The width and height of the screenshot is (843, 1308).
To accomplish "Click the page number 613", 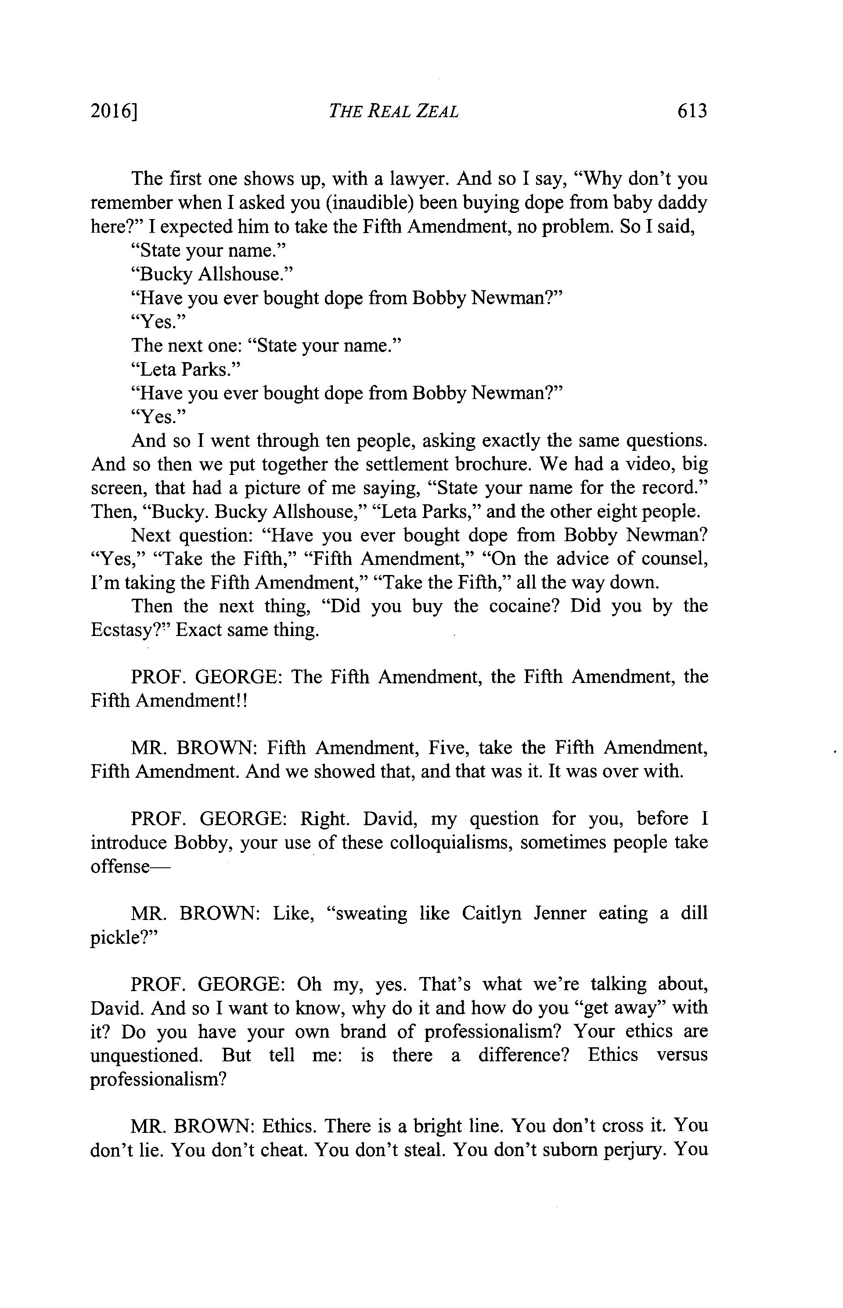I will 692,111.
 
